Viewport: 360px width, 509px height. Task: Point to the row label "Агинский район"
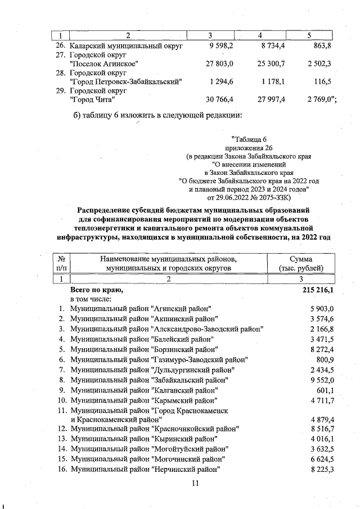(141, 309)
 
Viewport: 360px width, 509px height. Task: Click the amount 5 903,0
(322, 309)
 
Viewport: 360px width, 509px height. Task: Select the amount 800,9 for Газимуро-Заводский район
(326, 359)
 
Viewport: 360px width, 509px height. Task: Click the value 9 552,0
(322, 380)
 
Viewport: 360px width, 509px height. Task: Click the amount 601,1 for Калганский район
(326, 390)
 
